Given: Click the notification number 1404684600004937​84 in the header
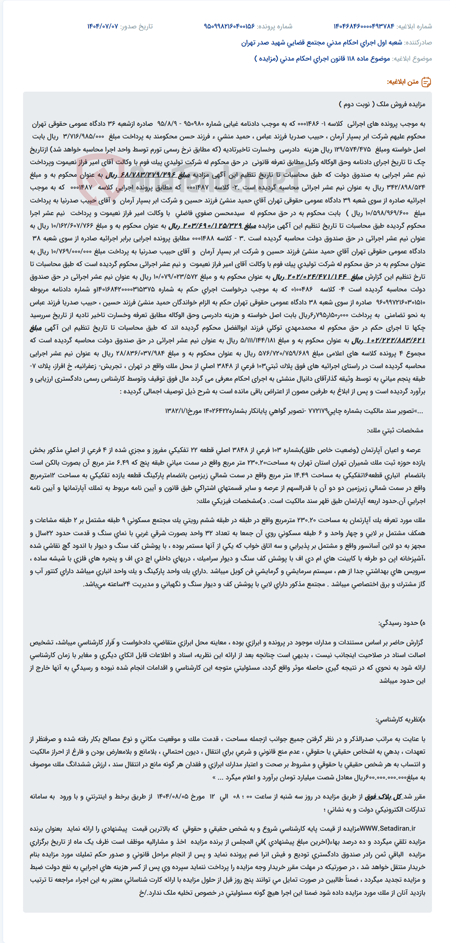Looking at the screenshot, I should (364, 26).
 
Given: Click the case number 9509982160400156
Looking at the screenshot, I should (229, 26).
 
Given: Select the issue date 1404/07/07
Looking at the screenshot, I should (103, 26).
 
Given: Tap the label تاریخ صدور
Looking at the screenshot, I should (136, 26).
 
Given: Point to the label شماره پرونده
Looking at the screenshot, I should (274, 26).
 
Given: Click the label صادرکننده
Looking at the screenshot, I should (418, 43).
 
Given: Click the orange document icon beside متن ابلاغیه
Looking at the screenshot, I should (426, 82).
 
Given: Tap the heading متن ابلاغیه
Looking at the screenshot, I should (402, 82).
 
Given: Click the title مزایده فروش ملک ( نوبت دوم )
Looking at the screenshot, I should (382, 104).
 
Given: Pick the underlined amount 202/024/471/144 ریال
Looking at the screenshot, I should (318, 277).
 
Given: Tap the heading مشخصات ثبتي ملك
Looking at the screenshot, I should (395, 430).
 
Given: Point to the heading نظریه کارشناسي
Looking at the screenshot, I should (398, 720).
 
